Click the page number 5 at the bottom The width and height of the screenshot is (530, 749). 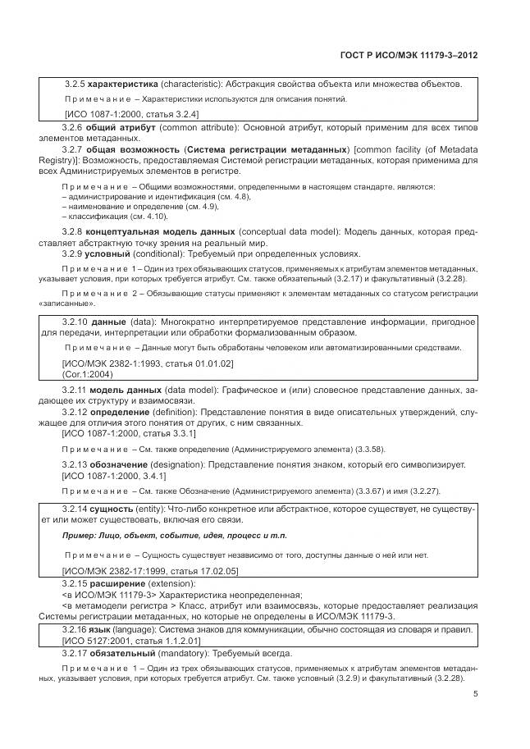[475, 693]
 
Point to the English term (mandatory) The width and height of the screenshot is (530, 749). [190, 653]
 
